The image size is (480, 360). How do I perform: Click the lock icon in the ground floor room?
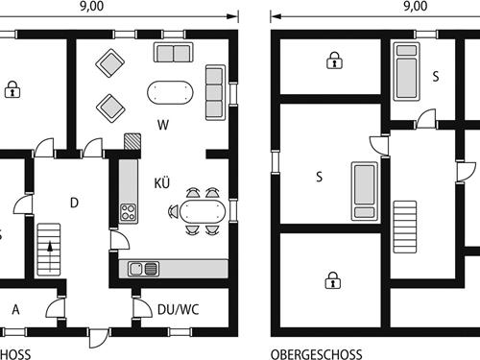(12, 90)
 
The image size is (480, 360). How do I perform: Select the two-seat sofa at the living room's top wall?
(173, 53)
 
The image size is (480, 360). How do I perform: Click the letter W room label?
(164, 124)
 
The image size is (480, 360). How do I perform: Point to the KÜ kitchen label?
(162, 181)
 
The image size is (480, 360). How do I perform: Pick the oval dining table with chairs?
(202, 211)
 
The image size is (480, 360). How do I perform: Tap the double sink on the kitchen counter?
(144, 268)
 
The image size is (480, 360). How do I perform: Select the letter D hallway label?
(74, 202)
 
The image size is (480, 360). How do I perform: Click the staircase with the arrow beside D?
(48, 249)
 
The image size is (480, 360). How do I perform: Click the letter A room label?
(15, 309)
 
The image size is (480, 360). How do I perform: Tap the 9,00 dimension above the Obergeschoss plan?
(416, 6)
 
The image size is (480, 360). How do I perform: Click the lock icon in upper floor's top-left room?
(333, 61)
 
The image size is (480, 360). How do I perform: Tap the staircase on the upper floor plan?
(405, 226)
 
